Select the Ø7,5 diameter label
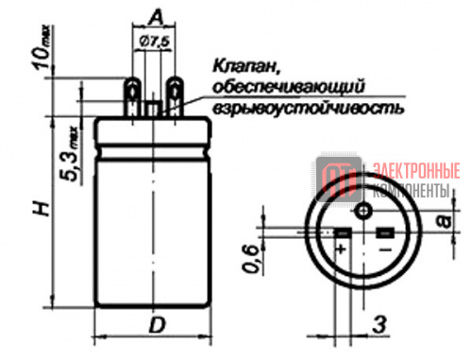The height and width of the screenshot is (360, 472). (155, 42)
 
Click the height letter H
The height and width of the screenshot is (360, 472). (42, 209)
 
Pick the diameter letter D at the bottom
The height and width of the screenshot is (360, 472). (157, 325)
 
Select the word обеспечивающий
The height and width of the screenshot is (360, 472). (289, 87)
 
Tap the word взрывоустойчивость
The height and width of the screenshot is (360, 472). (308, 109)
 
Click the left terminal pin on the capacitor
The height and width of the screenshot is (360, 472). (132, 96)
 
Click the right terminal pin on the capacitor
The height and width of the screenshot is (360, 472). (175, 96)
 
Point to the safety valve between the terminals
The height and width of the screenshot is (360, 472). (153, 109)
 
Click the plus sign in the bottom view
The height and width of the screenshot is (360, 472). (341, 249)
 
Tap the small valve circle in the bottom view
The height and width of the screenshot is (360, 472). (363, 211)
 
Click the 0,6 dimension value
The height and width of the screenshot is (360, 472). (251, 259)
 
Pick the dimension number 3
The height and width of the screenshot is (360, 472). (379, 325)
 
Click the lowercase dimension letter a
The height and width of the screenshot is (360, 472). (445, 221)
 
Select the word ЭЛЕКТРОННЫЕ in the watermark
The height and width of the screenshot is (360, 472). (416, 171)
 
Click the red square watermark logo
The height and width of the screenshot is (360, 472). (339, 180)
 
